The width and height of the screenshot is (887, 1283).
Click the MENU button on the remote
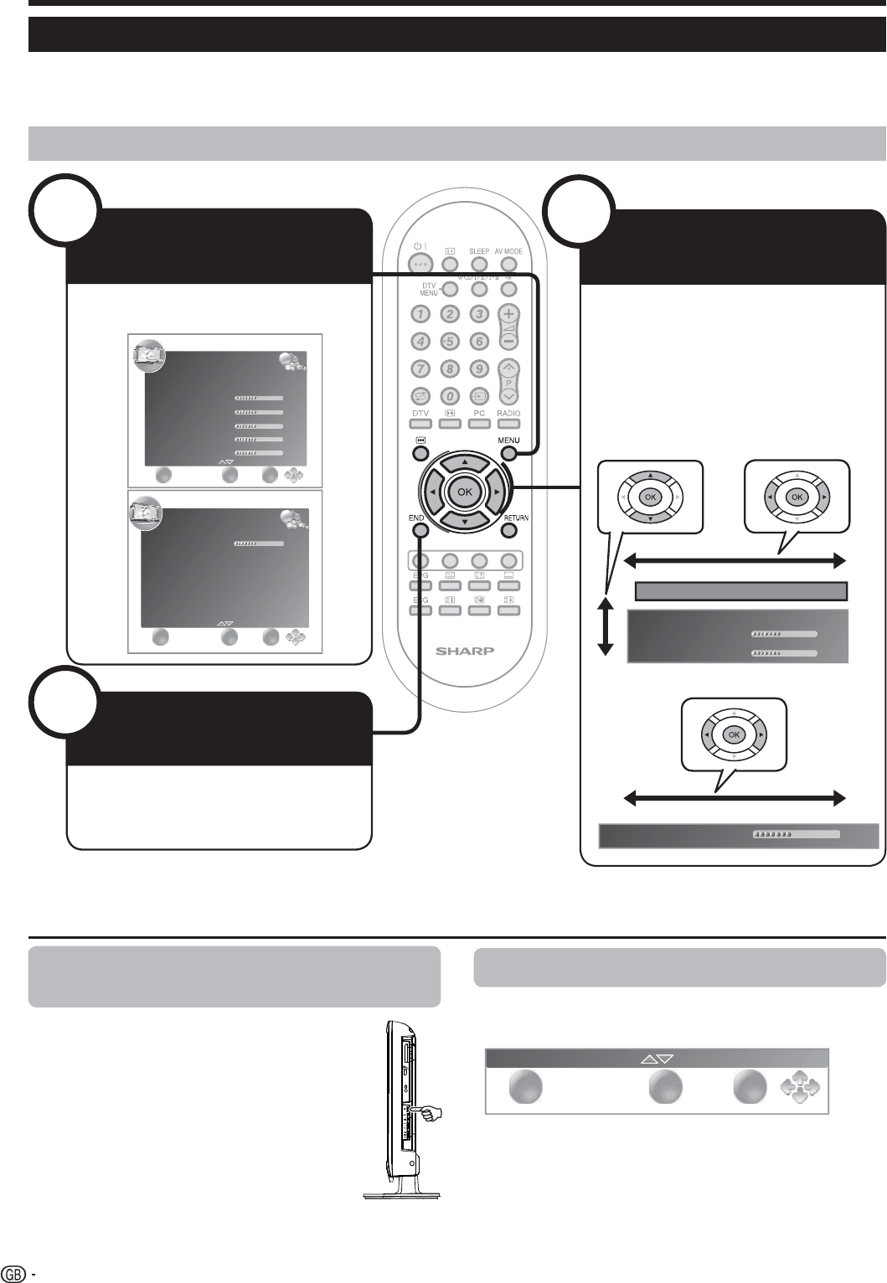pos(509,453)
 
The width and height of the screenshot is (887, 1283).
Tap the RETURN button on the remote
pos(509,529)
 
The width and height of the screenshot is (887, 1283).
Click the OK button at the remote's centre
pos(464,492)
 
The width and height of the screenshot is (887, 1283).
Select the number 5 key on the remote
pos(450,341)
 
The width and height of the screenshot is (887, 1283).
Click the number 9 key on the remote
pos(479,368)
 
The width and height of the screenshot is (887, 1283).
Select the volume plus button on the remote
pos(508,316)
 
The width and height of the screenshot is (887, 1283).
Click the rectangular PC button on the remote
pos(479,425)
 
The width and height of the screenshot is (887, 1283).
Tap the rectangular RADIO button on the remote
pos(508,425)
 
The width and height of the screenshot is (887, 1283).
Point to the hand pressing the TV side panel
pos(431,1114)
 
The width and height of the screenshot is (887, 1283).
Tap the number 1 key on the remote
pos(420,314)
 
